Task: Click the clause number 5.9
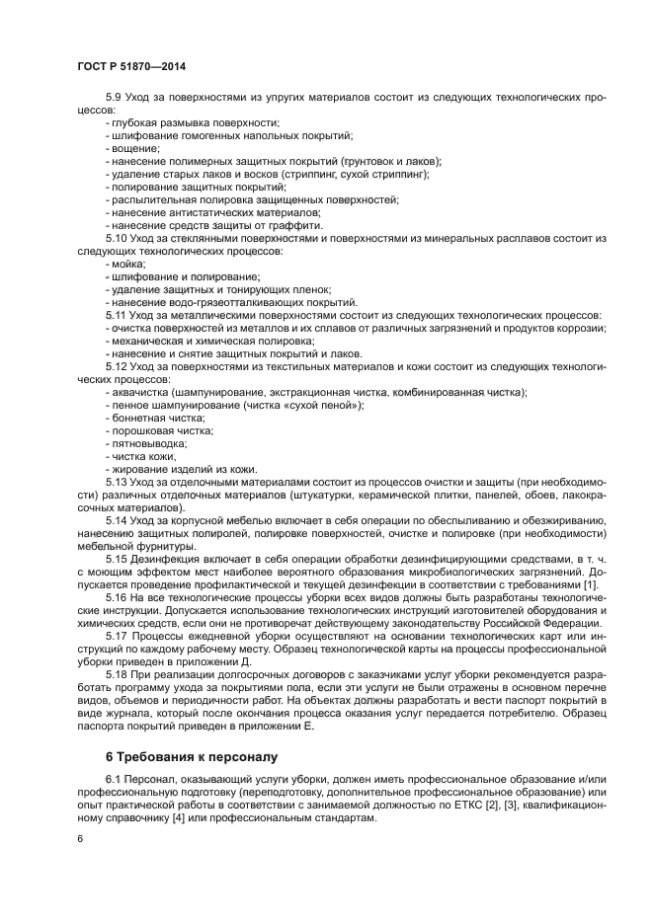click(115, 97)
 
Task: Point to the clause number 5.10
click(118, 239)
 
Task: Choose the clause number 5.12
click(118, 366)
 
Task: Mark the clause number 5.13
click(118, 482)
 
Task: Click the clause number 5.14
click(118, 519)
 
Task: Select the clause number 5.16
click(118, 597)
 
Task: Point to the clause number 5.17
click(118, 636)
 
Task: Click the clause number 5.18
click(118, 674)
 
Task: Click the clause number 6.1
click(115, 781)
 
